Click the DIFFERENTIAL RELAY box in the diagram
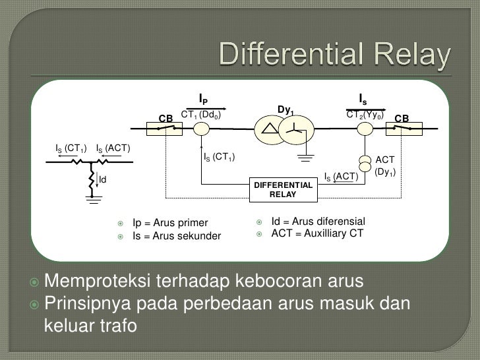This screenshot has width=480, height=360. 283,190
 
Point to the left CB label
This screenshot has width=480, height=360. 165,119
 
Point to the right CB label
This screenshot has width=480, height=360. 402,119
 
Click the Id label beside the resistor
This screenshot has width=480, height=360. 103,179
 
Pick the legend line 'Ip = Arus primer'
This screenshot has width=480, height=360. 170,223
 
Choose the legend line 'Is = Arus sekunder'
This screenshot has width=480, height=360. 177,235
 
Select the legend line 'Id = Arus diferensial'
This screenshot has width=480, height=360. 318,222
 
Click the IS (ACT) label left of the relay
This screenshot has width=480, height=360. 340,176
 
